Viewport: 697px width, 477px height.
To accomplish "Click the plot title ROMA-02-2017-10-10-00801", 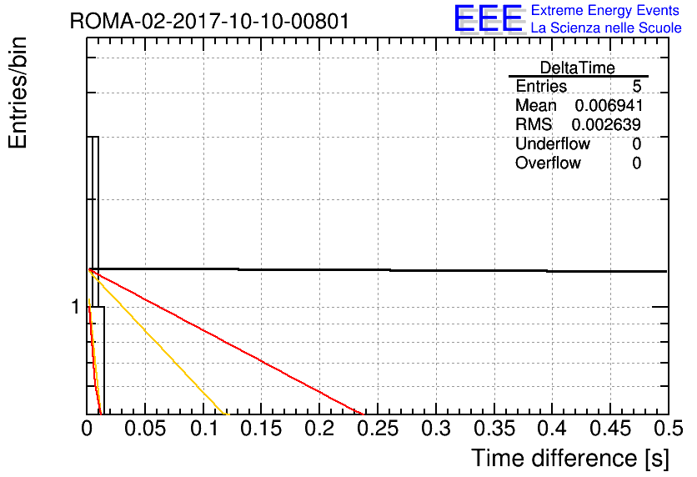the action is click(209, 21).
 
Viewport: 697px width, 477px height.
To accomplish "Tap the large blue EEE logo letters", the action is click(489, 18).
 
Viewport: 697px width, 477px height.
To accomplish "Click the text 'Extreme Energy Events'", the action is click(605, 10).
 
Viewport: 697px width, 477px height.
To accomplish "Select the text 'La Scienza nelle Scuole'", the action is click(606, 28).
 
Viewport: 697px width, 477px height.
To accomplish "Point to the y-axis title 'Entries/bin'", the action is click(18, 93).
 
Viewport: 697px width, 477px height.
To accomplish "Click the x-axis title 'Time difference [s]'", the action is click(570, 458).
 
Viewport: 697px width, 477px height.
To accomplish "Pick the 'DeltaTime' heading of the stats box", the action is click(578, 68).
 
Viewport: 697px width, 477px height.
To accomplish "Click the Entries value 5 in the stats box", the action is click(636, 86).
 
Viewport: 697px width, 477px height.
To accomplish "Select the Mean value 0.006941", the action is click(609, 105).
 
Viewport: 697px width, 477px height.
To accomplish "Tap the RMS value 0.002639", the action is click(606, 125).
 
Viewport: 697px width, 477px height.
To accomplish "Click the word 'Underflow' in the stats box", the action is click(552, 143).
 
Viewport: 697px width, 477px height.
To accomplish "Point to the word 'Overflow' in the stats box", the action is click(548, 163).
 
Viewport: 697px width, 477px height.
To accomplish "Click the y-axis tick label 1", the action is click(76, 307).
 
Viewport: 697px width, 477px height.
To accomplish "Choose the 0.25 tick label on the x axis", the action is click(378, 429).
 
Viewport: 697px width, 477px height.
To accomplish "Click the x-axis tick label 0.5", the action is click(668, 429).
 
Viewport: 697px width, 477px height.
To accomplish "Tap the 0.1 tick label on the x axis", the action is click(204, 429).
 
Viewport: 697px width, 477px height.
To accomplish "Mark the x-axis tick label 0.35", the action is click(494, 429).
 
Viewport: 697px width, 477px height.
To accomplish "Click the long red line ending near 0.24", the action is click(226, 342).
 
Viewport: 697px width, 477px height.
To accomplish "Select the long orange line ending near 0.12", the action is click(159, 342).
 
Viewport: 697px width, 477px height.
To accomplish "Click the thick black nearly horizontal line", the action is click(378, 270).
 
